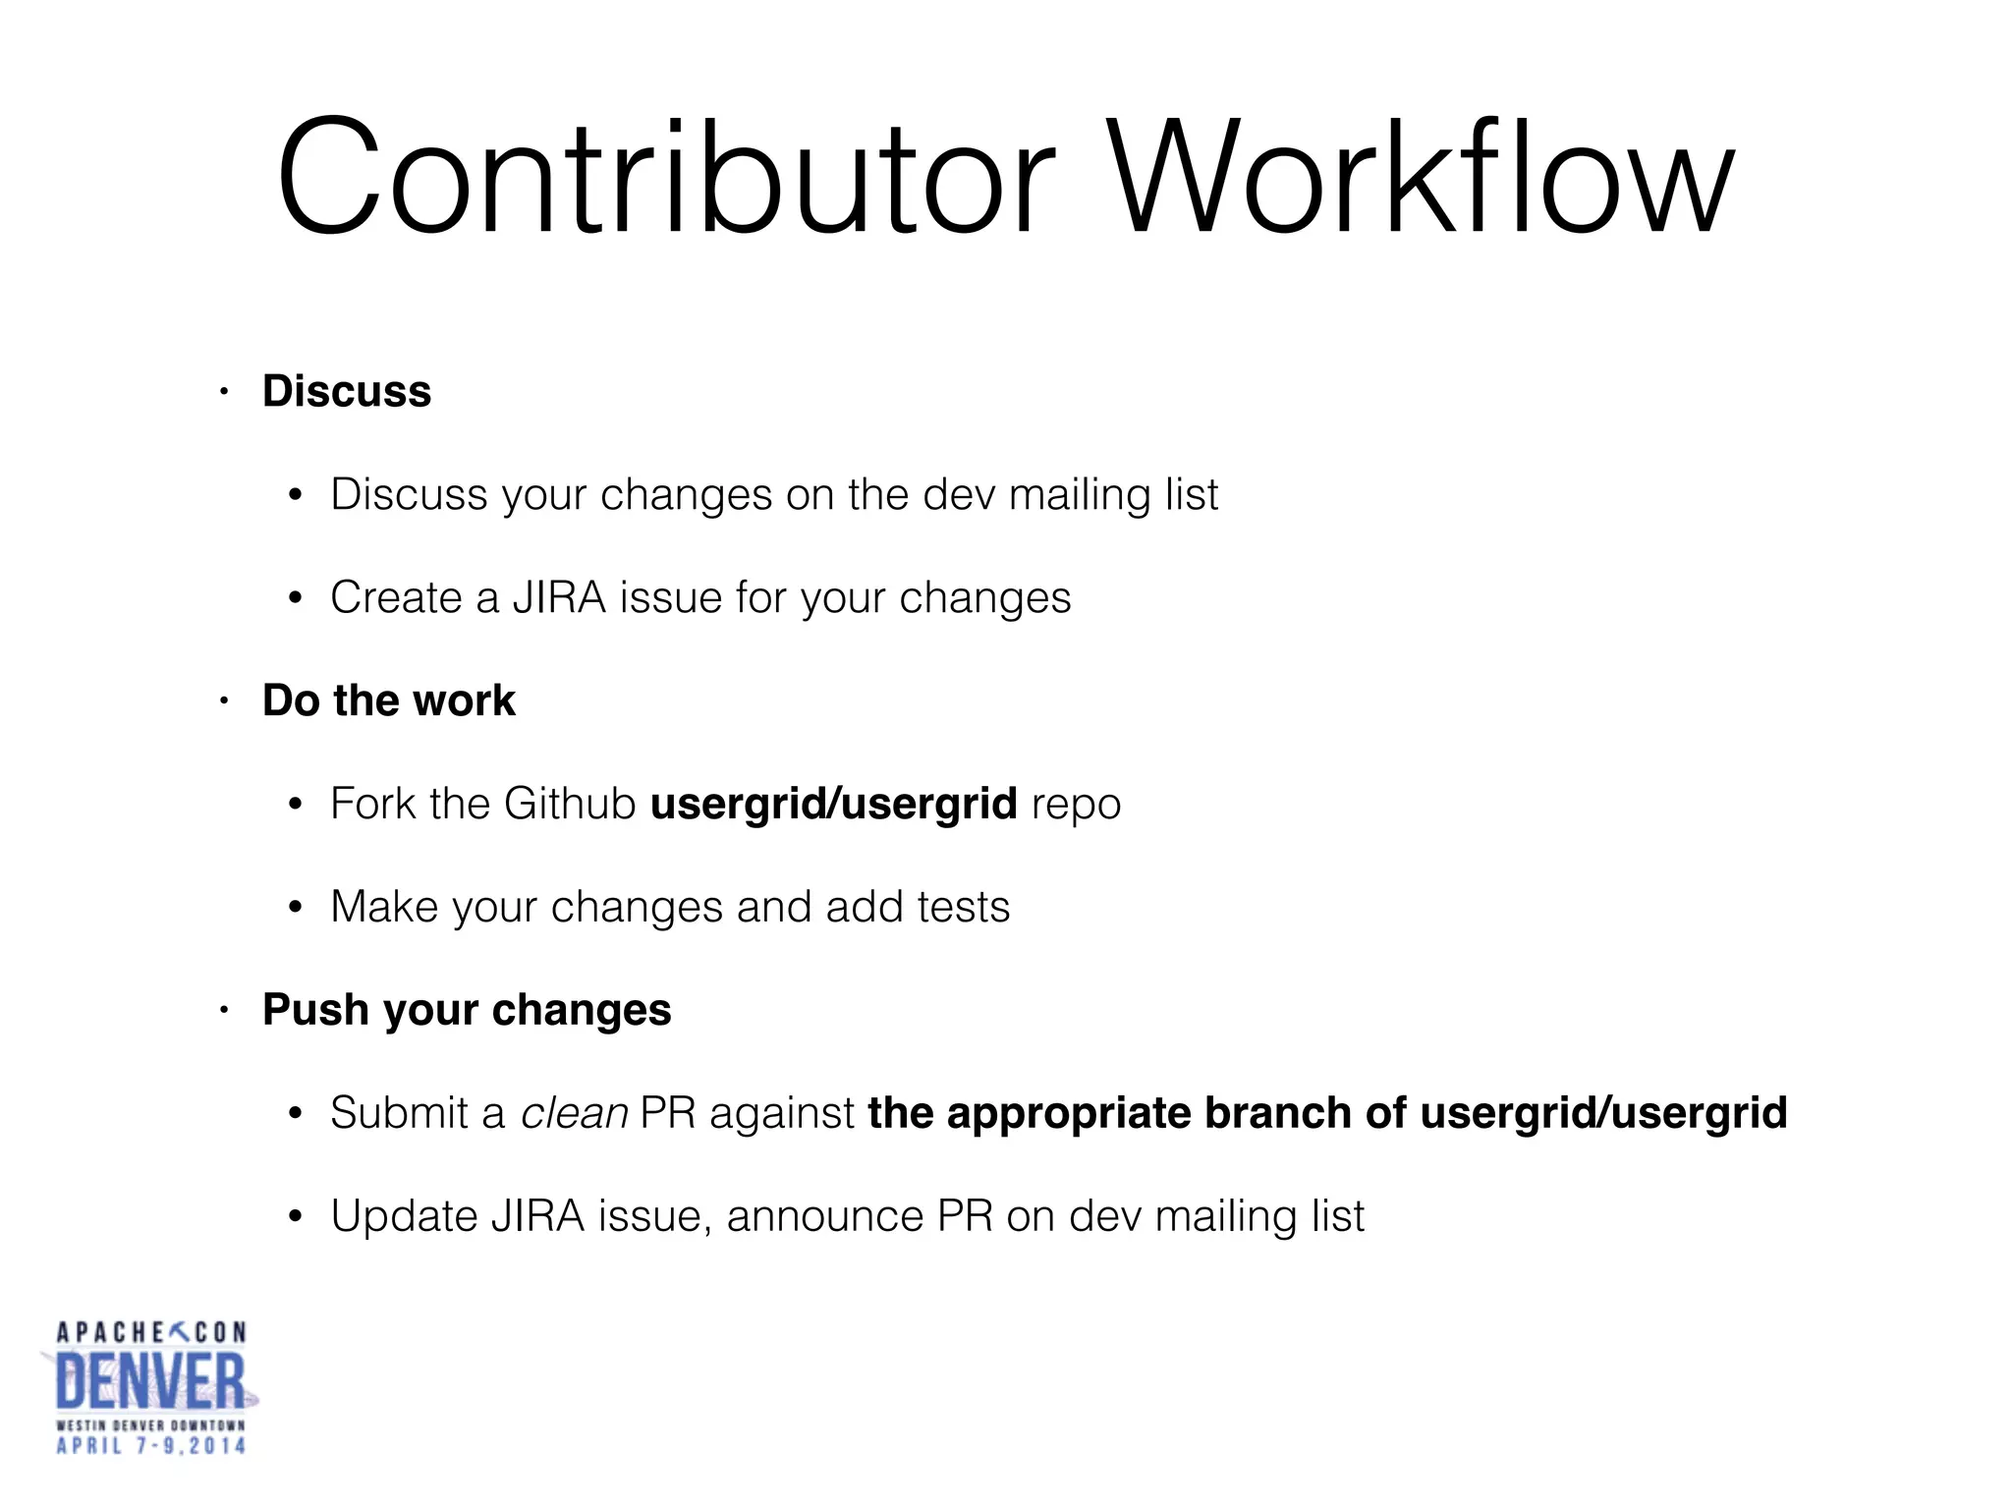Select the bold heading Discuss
point(347,391)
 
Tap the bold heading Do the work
point(388,700)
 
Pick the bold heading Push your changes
point(467,1010)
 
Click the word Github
point(570,804)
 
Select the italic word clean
point(574,1113)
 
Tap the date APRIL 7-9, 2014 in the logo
point(150,1445)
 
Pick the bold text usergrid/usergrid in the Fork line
point(833,804)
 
